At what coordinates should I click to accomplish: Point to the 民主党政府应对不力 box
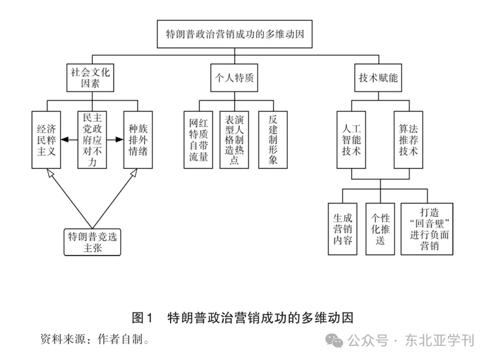click(91, 139)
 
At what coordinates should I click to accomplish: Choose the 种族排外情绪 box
click(138, 139)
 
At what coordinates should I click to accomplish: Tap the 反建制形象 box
click(272, 139)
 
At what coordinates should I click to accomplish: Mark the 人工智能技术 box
click(351, 139)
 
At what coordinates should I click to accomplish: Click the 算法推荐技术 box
click(408, 139)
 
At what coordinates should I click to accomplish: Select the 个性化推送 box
click(380, 228)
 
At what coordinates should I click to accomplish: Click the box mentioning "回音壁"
click(427, 228)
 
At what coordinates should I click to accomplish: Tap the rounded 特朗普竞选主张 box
click(92, 242)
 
